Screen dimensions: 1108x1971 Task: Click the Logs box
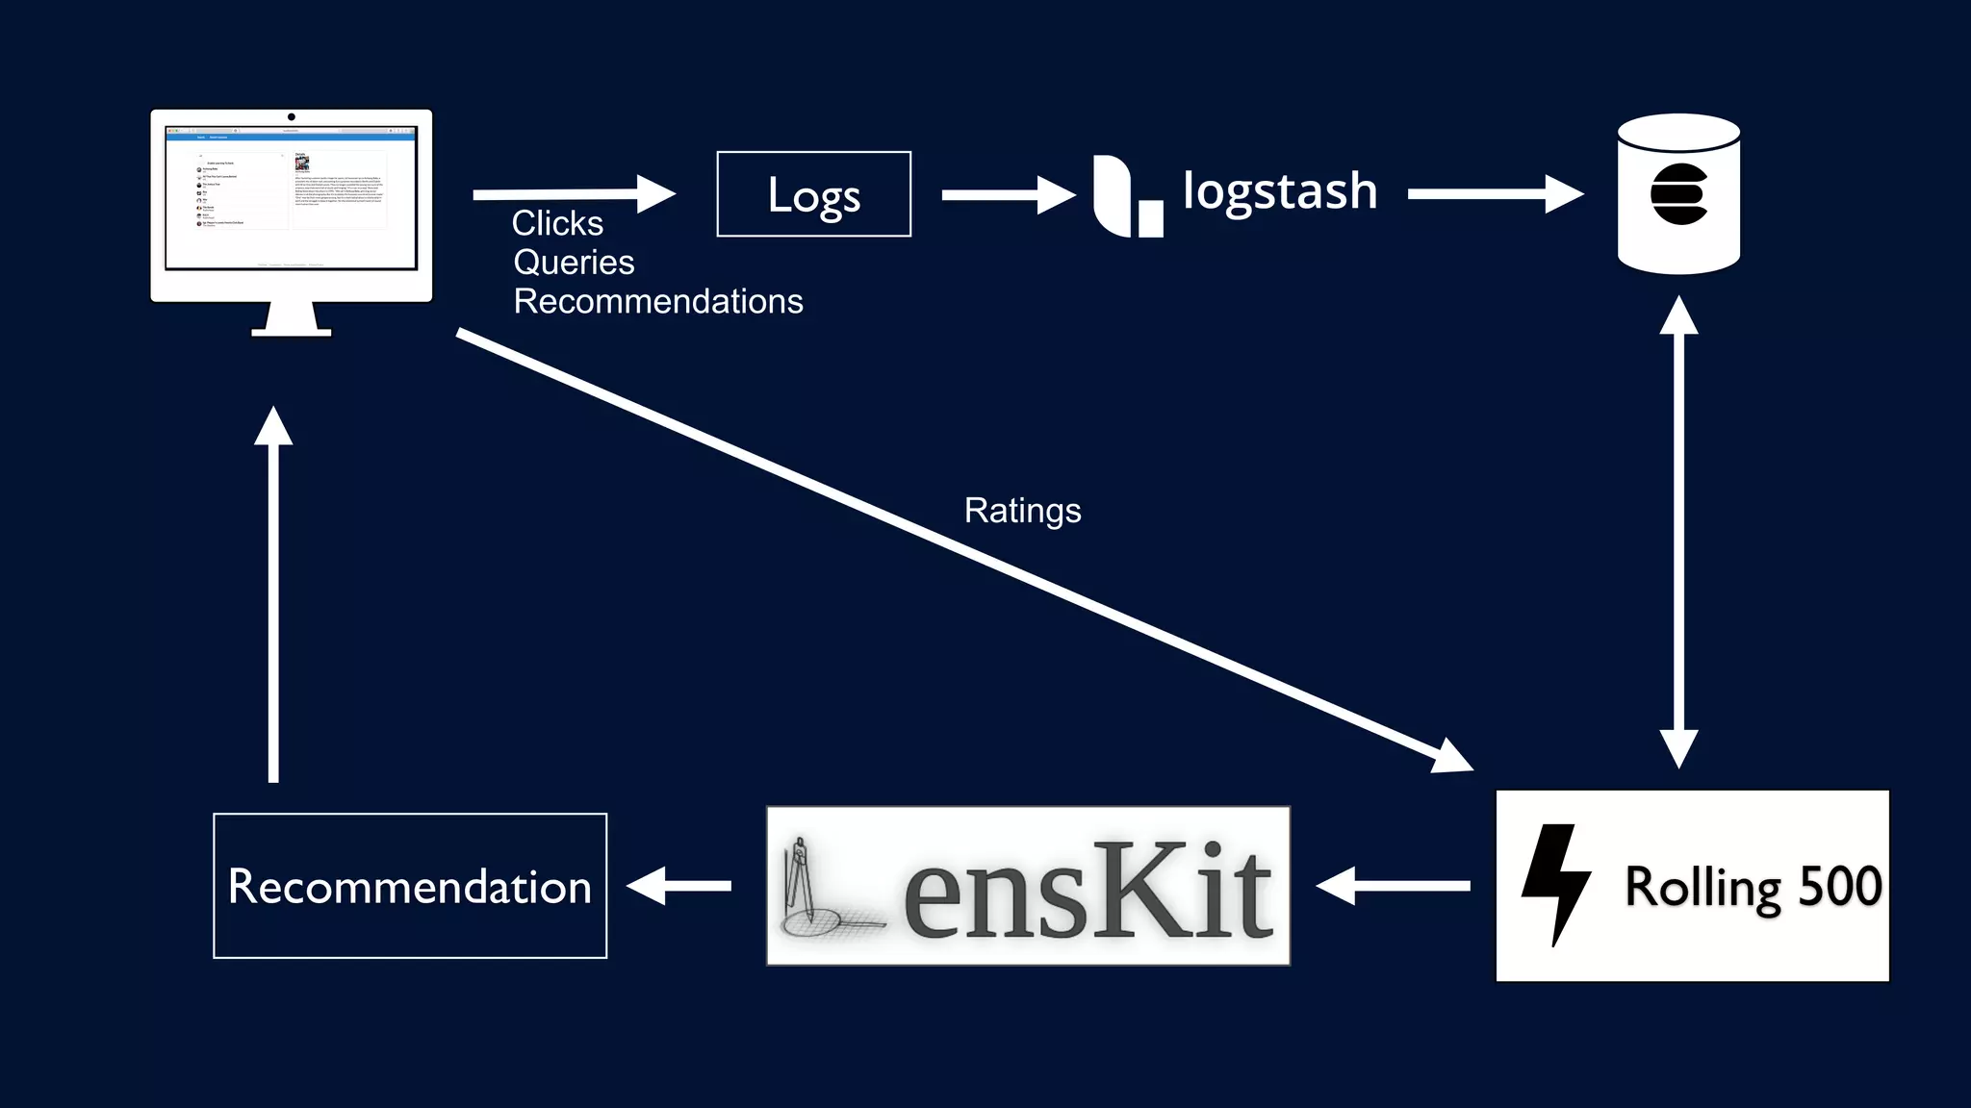(813, 194)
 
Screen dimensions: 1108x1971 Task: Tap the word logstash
(1280, 190)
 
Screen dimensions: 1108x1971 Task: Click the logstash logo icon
(1126, 195)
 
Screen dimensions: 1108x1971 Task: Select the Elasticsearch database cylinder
(1678, 194)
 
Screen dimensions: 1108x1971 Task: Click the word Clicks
(557, 223)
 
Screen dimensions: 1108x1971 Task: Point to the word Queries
(574, 263)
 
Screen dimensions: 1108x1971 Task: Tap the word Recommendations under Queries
(658, 302)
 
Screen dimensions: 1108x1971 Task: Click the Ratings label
(1022, 511)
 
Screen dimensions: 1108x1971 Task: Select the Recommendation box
(410, 886)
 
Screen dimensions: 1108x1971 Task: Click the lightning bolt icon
(1554, 883)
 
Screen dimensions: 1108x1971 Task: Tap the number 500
(1839, 886)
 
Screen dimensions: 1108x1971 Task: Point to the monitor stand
(291, 320)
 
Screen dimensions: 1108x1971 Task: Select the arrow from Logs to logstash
(1006, 195)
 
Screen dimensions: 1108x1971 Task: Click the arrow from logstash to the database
(1494, 194)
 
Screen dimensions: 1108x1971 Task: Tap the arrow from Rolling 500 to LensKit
(1393, 886)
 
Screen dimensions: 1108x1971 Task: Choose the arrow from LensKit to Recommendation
(679, 886)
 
